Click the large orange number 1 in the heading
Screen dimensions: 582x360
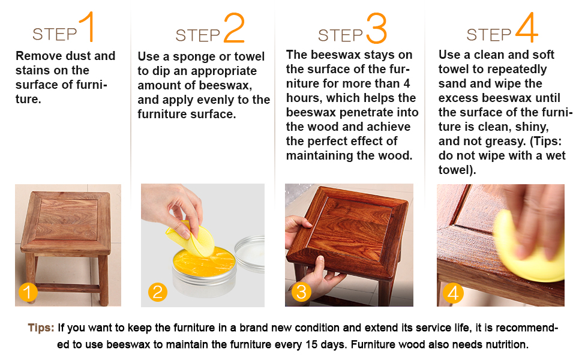87,26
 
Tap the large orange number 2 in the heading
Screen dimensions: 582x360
234,28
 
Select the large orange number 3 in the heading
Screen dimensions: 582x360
376,28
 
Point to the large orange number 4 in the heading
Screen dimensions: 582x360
526,27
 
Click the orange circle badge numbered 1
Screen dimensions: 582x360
28,292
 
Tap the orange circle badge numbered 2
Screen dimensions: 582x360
158,292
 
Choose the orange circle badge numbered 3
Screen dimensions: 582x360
301,292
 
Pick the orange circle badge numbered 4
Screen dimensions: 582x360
453,293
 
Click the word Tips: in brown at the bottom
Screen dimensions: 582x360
41,328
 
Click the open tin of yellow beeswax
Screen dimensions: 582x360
204,271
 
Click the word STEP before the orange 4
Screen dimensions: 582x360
489,35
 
